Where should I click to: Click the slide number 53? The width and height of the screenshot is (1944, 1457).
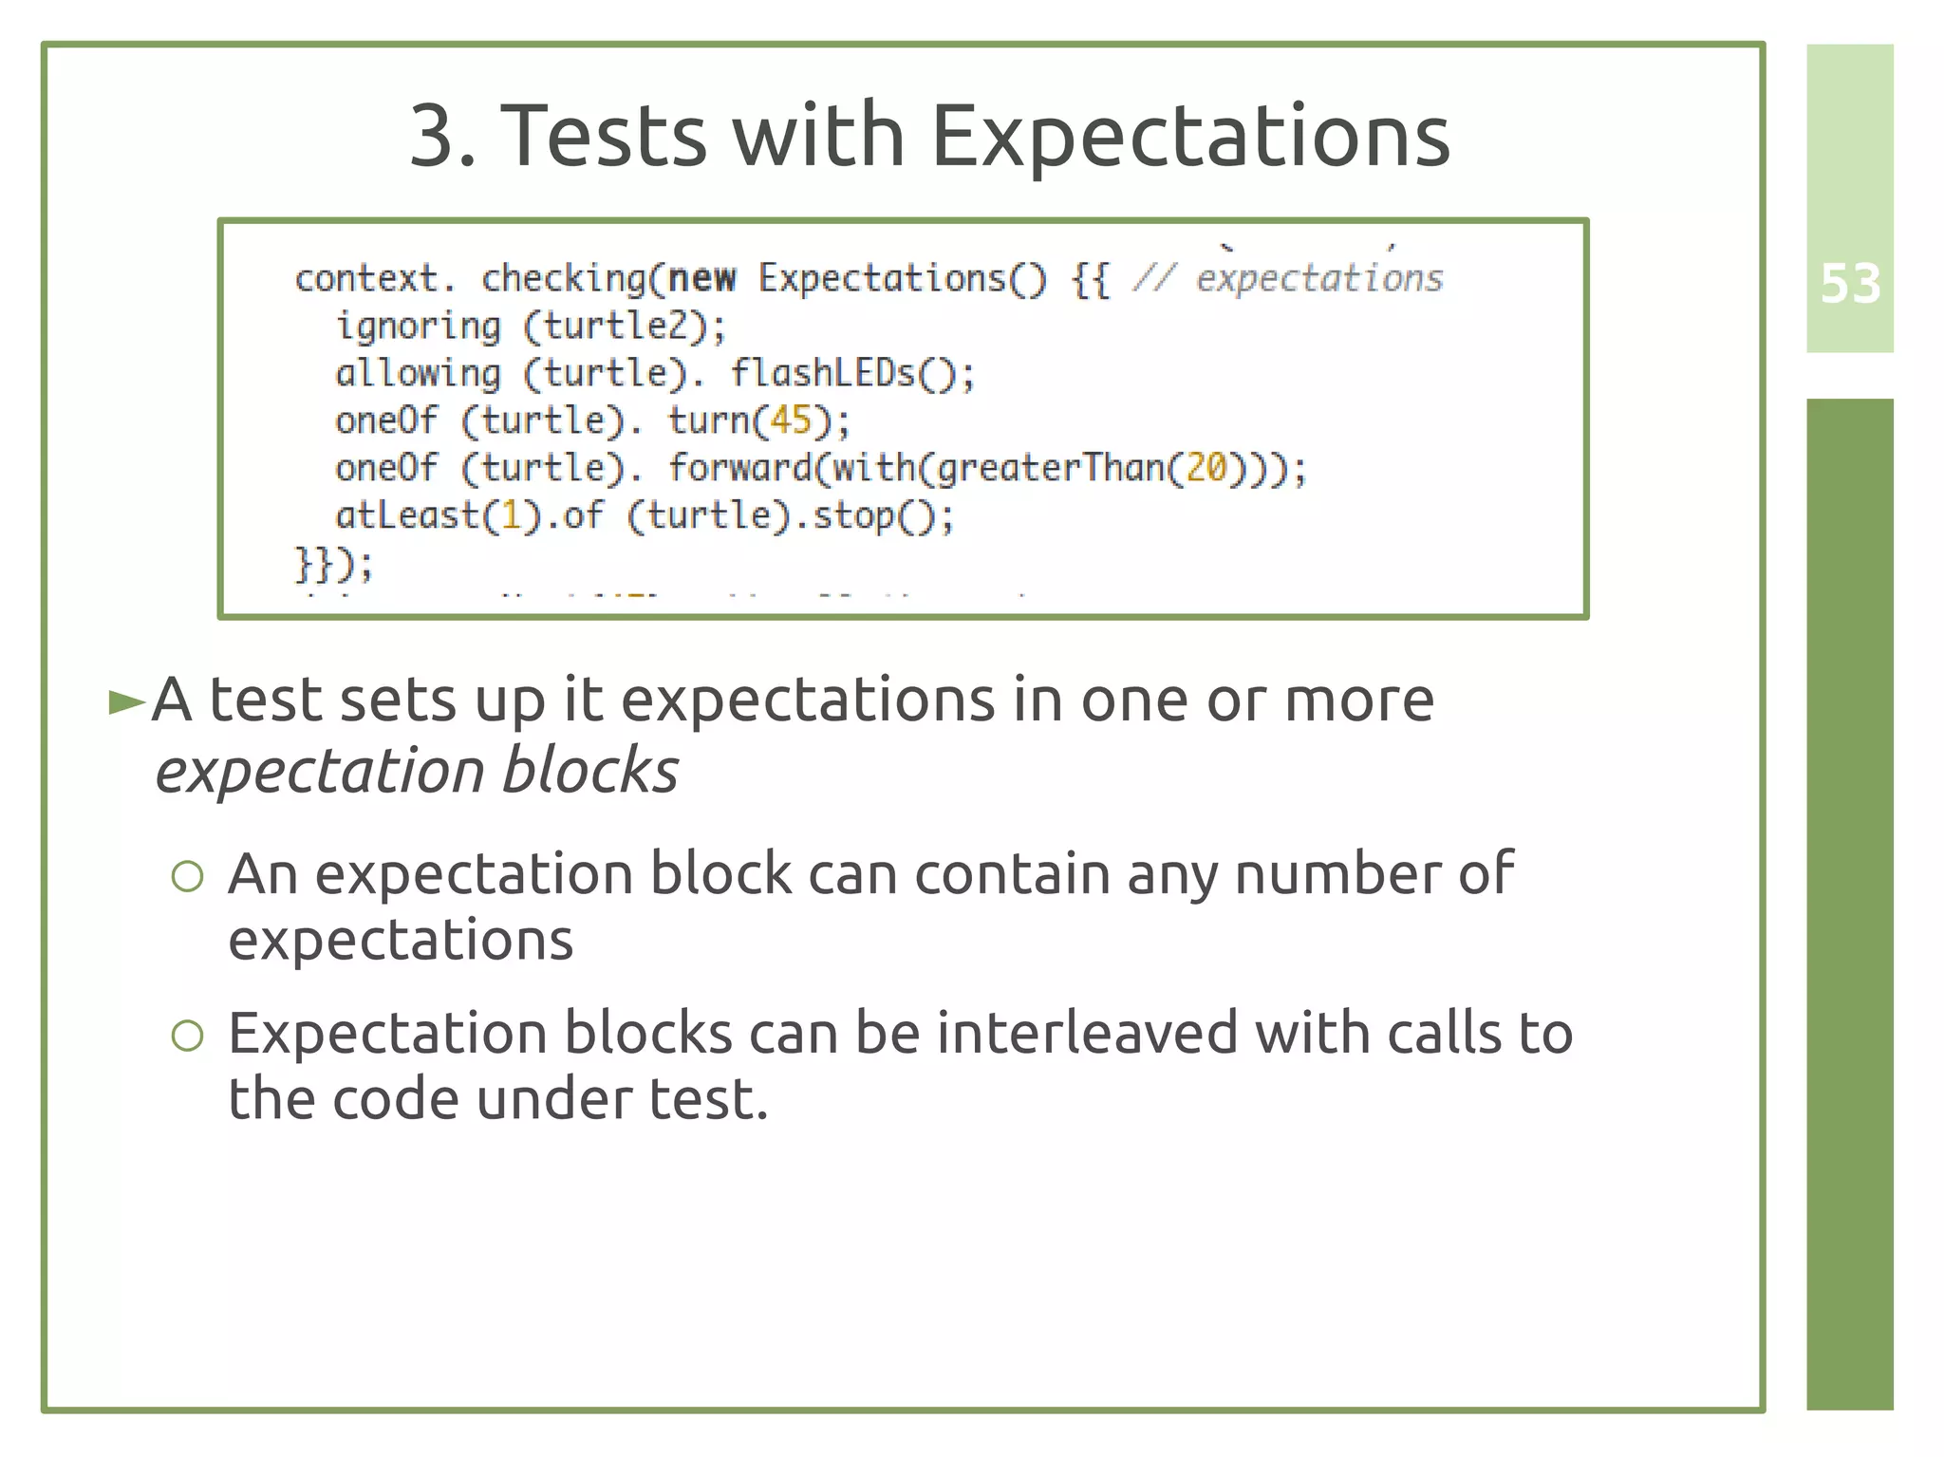pyautogui.click(x=1850, y=284)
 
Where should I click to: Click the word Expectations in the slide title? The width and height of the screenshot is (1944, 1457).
pyautogui.click(x=1190, y=136)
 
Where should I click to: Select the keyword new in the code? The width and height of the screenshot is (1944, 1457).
pyautogui.click(x=701, y=278)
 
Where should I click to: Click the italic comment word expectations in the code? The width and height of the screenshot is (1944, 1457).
pyautogui.click(x=1319, y=278)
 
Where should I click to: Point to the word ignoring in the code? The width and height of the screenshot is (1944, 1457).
pyautogui.click(x=418, y=327)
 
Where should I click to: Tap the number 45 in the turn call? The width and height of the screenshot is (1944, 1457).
pyautogui.click(x=791, y=420)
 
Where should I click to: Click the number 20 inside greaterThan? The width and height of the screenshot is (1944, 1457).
pyautogui.click(x=1206, y=468)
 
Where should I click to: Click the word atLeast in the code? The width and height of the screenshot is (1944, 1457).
pyautogui.click(x=407, y=515)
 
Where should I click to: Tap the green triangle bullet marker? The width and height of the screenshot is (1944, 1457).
pyautogui.click(x=126, y=703)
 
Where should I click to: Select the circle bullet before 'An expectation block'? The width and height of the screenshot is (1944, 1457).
pyautogui.click(x=188, y=876)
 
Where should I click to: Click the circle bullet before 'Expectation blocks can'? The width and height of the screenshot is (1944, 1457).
pyautogui.click(x=188, y=1036)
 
